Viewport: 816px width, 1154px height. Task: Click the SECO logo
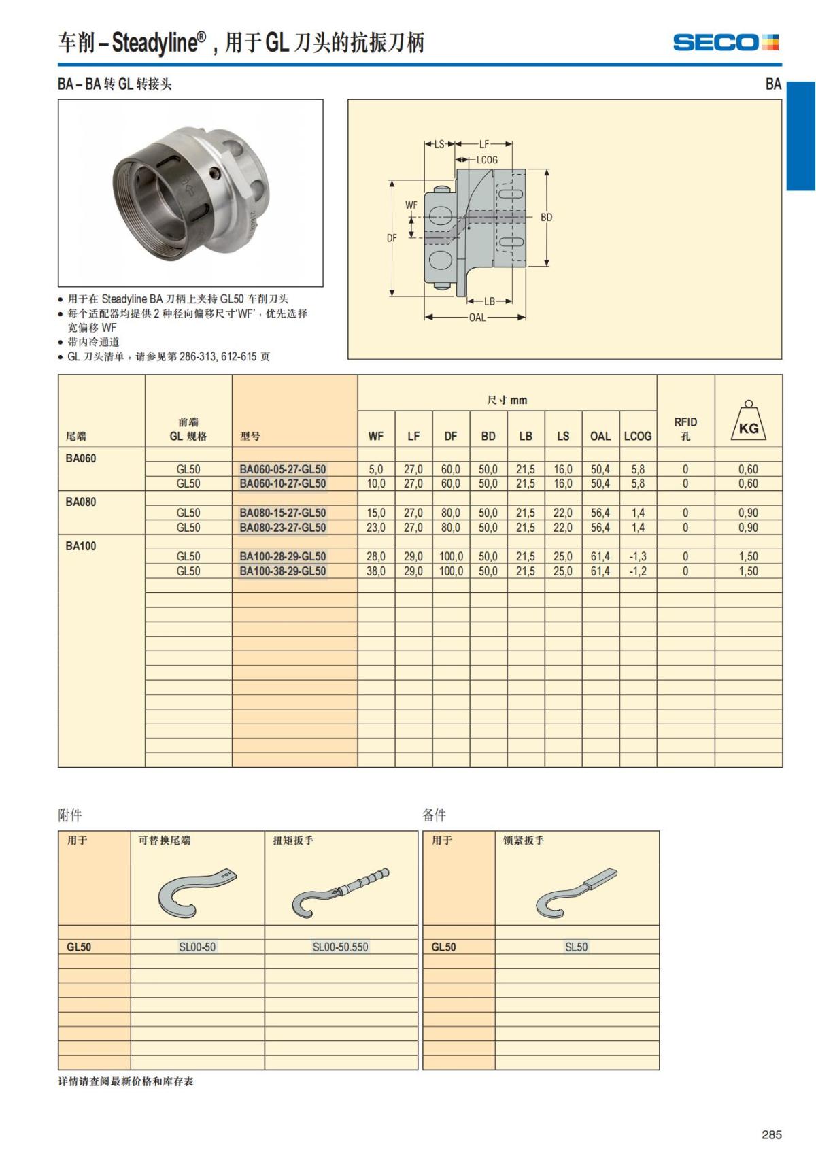coord(726,43)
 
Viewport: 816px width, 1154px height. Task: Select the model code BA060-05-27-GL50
coord(283,469)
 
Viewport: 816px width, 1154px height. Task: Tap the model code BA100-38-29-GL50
coord(283,571)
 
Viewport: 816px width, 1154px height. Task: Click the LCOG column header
coord(638,436)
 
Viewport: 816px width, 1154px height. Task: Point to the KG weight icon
coord(748,422)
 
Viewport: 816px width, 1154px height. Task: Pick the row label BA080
coord(81,502)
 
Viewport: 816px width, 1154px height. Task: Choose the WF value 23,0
coord(376,528)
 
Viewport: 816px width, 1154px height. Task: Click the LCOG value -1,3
coord(638,556)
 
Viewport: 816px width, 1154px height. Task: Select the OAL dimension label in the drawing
coord(477,318)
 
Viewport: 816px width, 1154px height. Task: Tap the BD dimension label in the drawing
coord(547,218)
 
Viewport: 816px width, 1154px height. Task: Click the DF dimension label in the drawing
coord(392,238)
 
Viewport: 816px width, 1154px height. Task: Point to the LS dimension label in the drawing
coord(439,144)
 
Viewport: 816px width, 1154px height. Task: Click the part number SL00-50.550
coord(340,947)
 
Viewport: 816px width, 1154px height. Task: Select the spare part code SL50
coord(576,947)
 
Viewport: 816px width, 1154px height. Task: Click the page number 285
coord(772,1134)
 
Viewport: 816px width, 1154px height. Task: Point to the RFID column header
coord(685,428)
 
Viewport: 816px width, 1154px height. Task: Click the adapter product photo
coord(190,192)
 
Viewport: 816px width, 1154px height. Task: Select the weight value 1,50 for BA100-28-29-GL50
coord(748,556)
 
